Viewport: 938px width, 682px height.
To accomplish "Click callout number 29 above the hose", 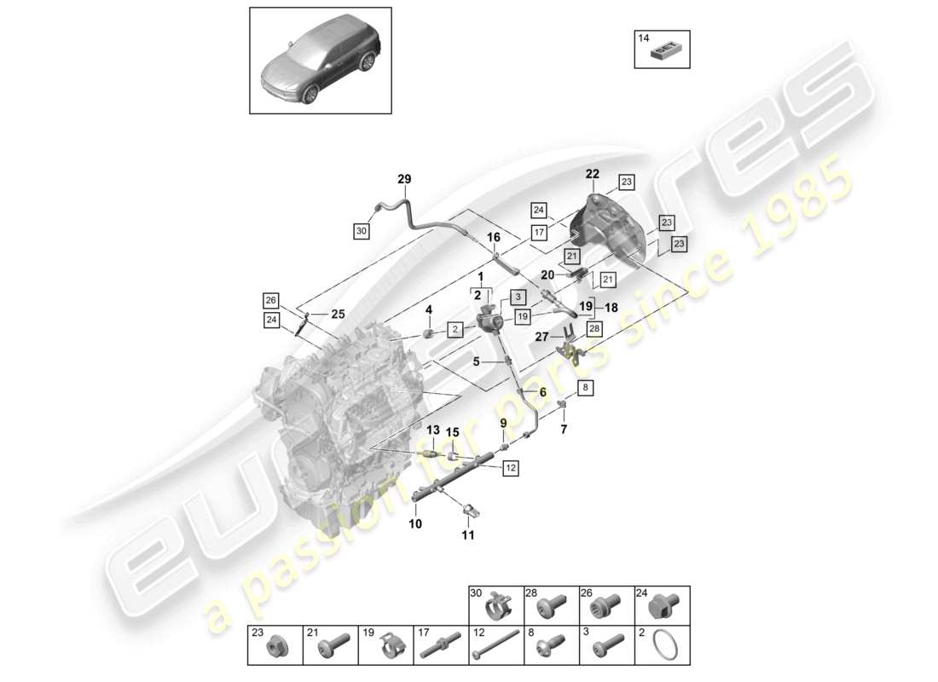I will coord(404,179).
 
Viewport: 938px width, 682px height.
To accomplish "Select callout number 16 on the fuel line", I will coord(494,237).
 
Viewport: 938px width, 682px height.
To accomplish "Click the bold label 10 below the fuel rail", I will coord(415,524).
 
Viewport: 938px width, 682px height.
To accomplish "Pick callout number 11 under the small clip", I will coord(468,535).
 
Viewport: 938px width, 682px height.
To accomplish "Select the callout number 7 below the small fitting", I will coord(563,429).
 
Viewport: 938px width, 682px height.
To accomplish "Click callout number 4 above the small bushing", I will coord(430,309).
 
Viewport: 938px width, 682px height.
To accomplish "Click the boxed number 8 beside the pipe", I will coord(585,389).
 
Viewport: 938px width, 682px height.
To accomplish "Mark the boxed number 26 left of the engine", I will coord(270,300).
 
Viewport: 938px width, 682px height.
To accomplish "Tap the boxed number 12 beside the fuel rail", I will coord(510,467).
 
